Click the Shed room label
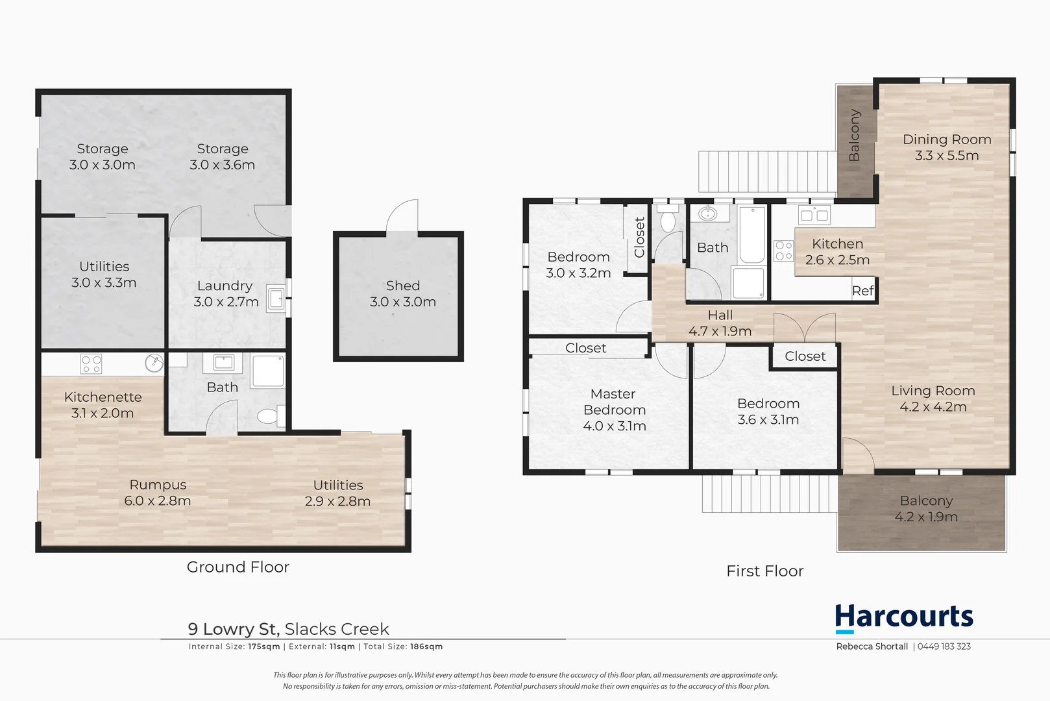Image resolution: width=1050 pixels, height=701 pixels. click(402, 286)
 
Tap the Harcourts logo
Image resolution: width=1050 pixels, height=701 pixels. click(903, 618)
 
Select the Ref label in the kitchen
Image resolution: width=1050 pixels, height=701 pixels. click(862, 291)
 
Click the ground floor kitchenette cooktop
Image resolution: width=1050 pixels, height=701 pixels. click(91, 363)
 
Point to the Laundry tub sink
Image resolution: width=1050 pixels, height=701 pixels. click(276, 299)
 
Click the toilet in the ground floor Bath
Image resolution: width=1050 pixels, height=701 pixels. click(269, 415)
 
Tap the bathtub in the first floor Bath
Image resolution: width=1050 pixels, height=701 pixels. click(751, 234)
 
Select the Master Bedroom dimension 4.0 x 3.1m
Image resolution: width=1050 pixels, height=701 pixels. click(614, 426)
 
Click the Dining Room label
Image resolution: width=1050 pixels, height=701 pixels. click(946, 140)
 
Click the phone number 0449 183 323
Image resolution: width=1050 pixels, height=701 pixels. click(944, 646)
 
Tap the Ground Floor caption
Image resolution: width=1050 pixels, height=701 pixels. click(238, 567)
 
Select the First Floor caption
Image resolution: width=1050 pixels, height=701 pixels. click(764, 571)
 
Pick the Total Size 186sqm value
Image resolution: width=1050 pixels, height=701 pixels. click(426, 646)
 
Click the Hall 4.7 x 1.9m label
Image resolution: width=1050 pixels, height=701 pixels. click(720, 323)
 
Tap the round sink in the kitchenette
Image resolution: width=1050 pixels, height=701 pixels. click(154, 363)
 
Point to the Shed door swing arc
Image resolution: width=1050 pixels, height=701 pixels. click(402, 215)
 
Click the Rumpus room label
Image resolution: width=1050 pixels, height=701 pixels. click(158, 485)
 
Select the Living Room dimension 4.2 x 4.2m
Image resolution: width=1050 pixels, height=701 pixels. click(933, 407)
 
